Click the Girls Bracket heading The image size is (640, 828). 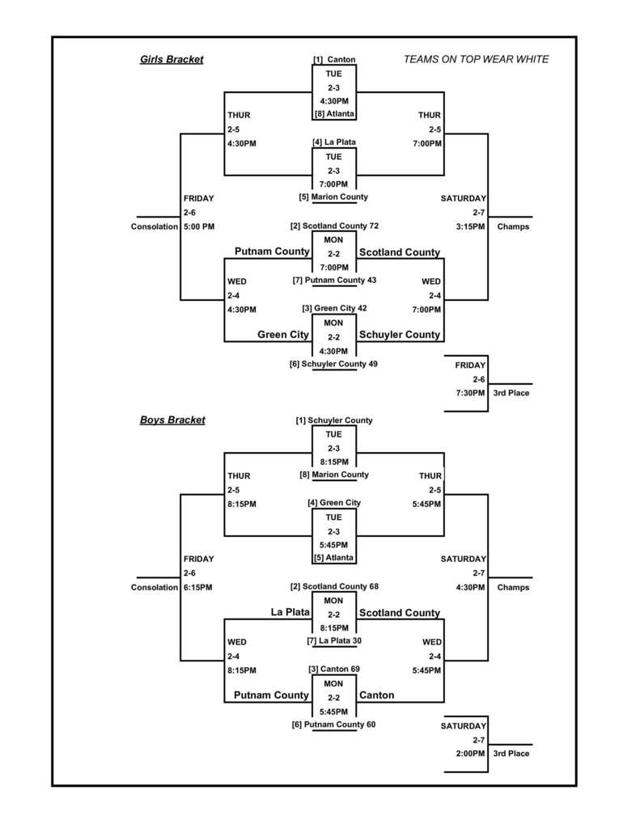click(x=172, y=59)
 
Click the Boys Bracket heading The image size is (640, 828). click(x=172, y=420)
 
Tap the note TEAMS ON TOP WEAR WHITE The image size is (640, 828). click(x=476, y=59)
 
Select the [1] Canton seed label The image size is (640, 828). click(x=334, y=60)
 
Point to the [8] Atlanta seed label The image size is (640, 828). click(x=334, y=114)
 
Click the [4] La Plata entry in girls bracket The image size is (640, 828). click(x=334, y=142)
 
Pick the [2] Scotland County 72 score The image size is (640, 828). click(x=334, y=226)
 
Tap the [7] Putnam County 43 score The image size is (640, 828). click(x=334, y=280)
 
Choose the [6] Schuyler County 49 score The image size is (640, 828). click(x=333, y=364)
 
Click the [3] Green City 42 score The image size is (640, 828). click(x=334, y=308)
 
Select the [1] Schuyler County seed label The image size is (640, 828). click(x=334, y=420)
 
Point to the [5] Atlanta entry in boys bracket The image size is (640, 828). click(x=334, y=557)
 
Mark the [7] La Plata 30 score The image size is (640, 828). click(x=334, y=640)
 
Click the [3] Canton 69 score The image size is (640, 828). click(x=334, y=669)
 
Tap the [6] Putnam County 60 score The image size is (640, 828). click(x=333, y=724)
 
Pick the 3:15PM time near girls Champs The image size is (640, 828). click(x=473, y=226)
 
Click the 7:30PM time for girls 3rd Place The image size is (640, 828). click(x=470, y=393)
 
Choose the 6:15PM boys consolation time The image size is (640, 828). click(x=199, y=587)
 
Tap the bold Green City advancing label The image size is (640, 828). click(x=283, y=335)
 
